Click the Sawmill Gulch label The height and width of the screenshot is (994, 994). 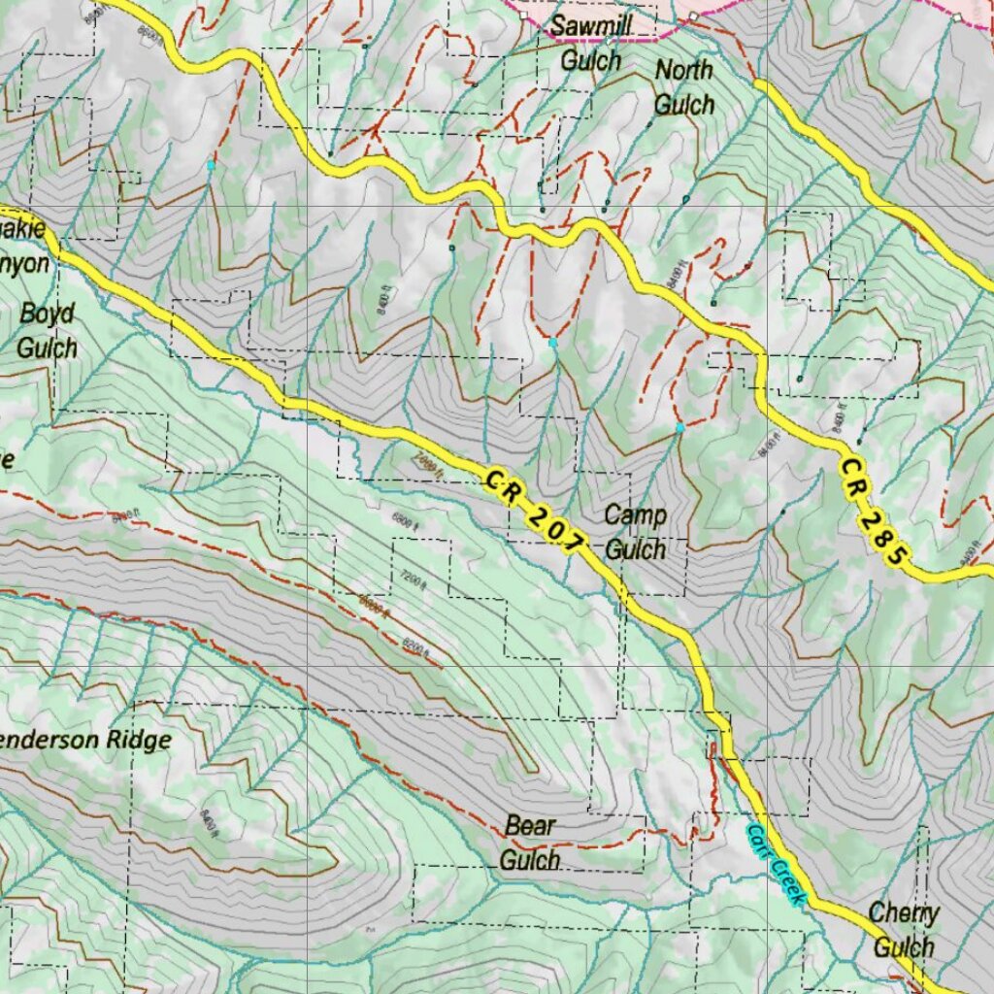click(x=591, y=43)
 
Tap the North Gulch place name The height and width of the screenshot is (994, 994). click(x=683, y=87)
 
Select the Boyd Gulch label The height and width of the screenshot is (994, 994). click(x=47, y=330)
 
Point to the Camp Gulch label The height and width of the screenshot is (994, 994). click(x=635, y=532)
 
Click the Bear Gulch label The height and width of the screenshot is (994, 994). click(x=530, y=843)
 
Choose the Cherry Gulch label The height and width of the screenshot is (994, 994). click(x=903, y=929)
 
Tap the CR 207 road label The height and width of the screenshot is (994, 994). click(x=537, y=513)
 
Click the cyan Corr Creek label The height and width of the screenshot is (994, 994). click(x=776, y=865)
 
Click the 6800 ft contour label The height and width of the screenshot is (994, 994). click(x=405, y=521)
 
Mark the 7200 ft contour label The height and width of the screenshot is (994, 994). click(x=412, y=580)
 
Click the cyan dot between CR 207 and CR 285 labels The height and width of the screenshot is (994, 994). click(x=679, y=427)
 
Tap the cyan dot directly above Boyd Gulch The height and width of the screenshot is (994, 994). click(x=211, y=166)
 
